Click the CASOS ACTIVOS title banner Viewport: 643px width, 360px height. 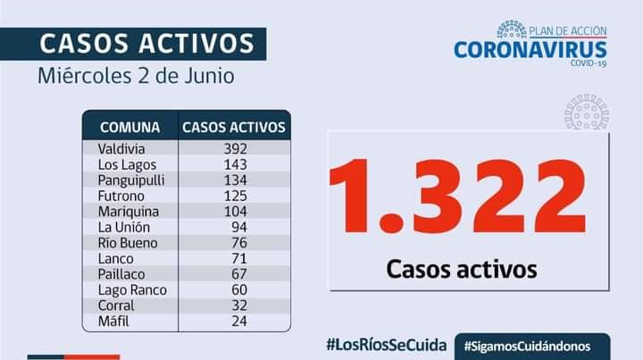coord(147,42)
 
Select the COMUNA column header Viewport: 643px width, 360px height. coord(130,127)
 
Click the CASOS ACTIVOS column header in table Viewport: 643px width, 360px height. coord(234,127)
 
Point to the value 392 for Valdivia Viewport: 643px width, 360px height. coord(235,148)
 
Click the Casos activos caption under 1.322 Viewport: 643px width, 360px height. coord(462,267)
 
